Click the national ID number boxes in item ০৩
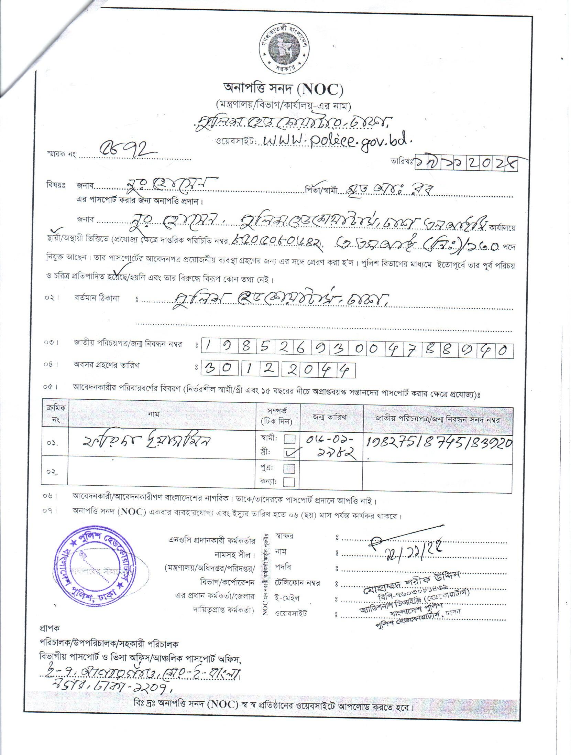point(356,351)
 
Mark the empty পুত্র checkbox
point(289,468)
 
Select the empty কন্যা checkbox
point(289,482)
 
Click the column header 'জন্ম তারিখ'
point(332,417)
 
